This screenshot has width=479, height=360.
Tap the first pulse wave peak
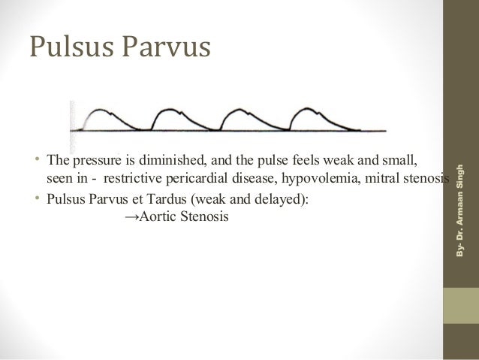101,111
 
